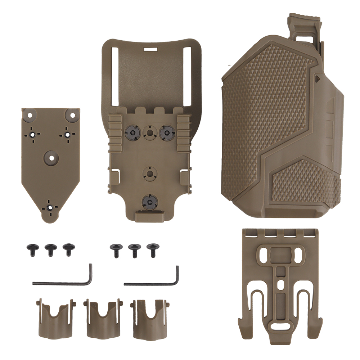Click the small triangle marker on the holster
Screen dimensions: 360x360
317,77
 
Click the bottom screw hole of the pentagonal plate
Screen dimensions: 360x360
50,207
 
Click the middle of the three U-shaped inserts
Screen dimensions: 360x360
103,319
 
